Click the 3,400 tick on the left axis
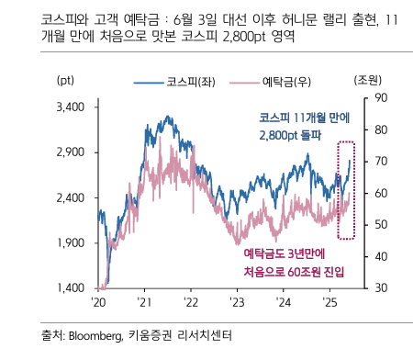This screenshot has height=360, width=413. click(71, 107)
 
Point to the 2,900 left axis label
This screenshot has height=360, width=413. click(71, 152)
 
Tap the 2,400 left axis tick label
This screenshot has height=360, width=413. click(71, 197)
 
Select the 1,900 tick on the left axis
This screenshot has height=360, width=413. click(71, 242)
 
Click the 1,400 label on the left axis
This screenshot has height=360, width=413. click(71, 287)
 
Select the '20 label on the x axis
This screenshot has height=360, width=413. click(98, 303)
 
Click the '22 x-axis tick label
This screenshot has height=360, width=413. click(190, 303)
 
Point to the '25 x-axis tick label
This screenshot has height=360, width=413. click(329, 303)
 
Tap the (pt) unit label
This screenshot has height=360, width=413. click(68, 82)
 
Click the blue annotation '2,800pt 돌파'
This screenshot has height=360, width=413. click(293, 135)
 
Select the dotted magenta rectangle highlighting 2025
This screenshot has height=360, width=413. click(345, 190)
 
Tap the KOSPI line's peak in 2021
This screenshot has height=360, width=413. click(166, 117)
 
